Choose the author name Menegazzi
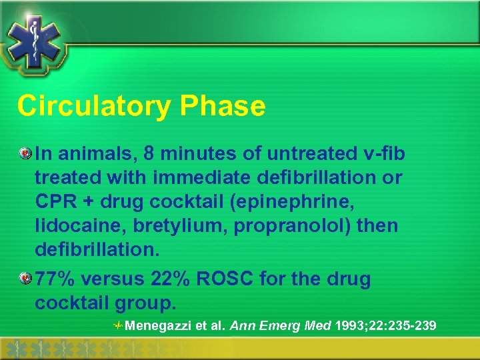click(157, 326)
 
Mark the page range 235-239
click(413, 326)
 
